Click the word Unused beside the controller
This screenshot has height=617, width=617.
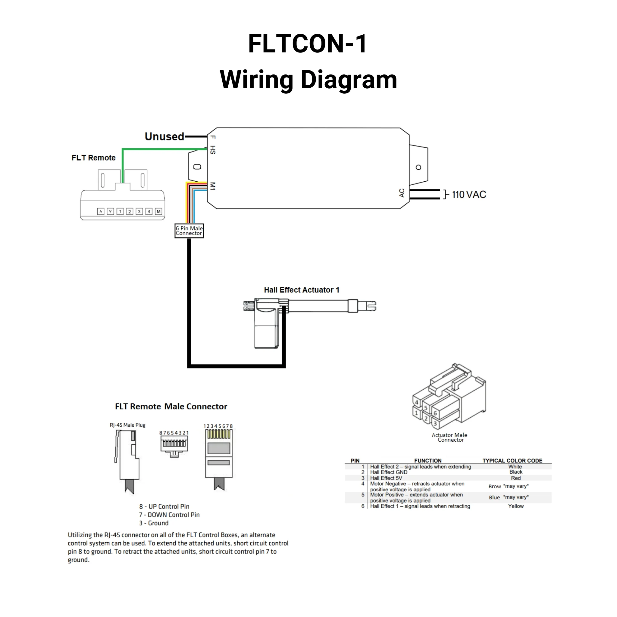164,137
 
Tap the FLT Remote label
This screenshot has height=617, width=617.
94,158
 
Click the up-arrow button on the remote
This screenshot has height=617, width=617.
101,211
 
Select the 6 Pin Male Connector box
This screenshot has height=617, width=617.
189,230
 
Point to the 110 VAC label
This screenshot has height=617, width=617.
469,195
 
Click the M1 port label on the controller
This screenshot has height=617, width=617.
213,186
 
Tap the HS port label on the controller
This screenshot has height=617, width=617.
213,150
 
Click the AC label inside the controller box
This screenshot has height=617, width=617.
402,193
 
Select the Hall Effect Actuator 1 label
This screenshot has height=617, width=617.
302,290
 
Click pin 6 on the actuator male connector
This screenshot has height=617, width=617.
435,413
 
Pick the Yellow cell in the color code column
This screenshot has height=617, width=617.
516,506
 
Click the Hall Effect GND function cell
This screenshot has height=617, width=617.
389,472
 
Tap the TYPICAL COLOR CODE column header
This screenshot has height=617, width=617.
512,461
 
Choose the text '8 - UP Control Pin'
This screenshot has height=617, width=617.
164,506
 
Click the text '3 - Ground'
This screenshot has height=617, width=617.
154,523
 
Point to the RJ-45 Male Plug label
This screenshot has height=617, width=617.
127,425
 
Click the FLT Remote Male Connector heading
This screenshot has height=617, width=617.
171,406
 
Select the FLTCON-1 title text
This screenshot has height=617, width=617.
308,44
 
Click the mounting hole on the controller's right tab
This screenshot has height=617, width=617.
418,167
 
